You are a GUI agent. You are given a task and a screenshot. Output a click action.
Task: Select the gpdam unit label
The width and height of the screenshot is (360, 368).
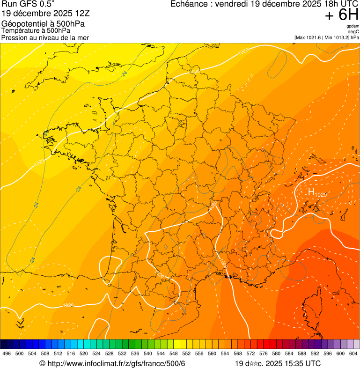[x=353, y=26]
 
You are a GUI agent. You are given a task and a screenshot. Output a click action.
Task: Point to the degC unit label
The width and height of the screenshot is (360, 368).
[x=354, y=31]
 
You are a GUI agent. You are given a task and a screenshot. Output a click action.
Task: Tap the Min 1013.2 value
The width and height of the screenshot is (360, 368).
[x=338, y=37]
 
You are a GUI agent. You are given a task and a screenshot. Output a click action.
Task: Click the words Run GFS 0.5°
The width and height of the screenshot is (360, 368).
[x=28, y=4]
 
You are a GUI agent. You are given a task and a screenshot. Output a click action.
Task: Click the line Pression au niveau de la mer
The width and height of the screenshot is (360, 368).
[x=45, y=37]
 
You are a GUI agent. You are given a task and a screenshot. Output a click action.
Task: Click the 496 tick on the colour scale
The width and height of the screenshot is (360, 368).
[x=7, y=353]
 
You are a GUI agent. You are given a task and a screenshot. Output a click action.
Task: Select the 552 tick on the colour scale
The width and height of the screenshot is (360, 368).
[x=186, y=353]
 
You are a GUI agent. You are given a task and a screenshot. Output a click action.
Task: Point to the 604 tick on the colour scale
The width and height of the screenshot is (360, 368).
[x=353, y=353]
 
